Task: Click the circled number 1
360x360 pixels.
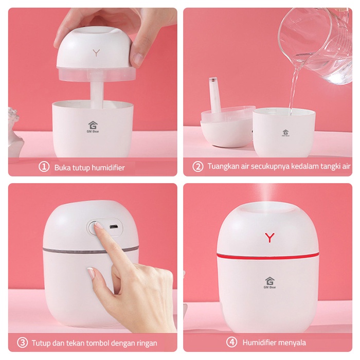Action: click(44, 167)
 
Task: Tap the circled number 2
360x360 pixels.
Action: click(197, 167)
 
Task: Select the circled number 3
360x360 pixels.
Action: click(22, 343)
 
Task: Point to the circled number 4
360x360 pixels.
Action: click(231, 343)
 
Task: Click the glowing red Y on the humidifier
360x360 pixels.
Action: click(269, 238)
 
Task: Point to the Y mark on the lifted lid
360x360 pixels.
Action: click(97, 53)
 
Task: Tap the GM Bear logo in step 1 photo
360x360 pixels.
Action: click(93, 127)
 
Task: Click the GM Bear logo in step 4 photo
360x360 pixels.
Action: click(270, 282)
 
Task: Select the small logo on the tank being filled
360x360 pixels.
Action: click(285, 133)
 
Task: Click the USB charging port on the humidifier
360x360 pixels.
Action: click(113, 227)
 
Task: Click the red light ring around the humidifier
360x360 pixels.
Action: click(268, 256)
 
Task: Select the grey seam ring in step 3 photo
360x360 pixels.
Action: click(90, 250)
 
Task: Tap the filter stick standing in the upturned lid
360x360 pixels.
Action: click(215, 95)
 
